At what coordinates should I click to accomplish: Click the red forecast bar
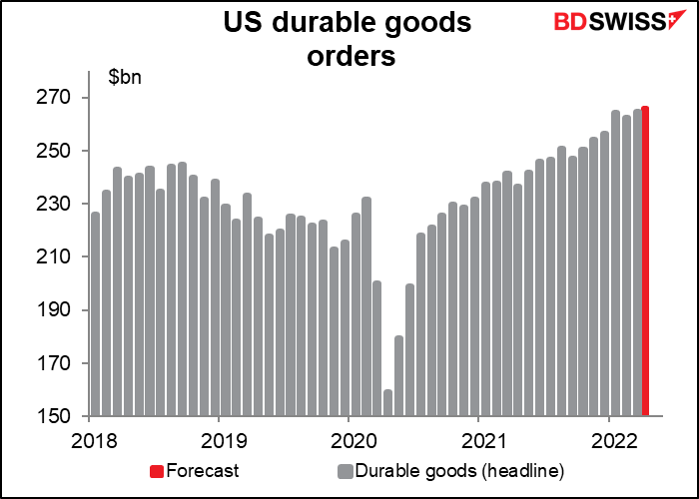click(x=645, y=261)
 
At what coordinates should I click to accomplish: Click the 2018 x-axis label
click(x=90, y=440)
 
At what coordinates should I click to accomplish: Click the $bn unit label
click(x=124, y=76)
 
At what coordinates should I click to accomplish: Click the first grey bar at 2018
click(x=95, y=313)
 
